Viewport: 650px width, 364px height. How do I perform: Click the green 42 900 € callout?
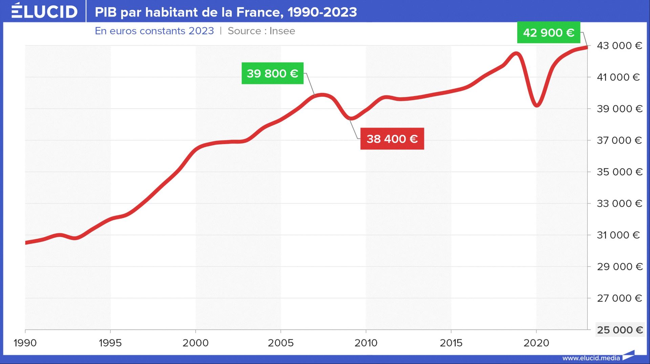click(548, 32)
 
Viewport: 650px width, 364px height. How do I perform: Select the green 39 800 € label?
click(272, 73)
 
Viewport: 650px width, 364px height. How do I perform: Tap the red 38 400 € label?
click(392, 139)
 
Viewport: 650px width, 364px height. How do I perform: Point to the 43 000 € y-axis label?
click(619, 46)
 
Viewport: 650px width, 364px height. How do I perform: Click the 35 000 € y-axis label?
click(619, 172)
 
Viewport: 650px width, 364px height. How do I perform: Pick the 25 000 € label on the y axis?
click(620, 330)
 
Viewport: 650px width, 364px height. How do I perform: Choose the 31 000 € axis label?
click(618, 235)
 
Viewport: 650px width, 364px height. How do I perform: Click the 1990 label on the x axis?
click(25, 343)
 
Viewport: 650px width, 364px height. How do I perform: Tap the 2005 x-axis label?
click(281, 343)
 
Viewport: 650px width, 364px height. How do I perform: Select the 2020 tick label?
click(536, 343)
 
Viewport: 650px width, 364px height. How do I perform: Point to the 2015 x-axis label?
click(451, 343)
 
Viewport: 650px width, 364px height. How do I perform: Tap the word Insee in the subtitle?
click(282, 31)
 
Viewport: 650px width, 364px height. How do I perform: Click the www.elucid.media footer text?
click(591, 358)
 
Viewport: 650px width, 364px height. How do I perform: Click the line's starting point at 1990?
click(26, 243)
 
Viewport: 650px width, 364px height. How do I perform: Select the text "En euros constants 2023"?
click(154, 31)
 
